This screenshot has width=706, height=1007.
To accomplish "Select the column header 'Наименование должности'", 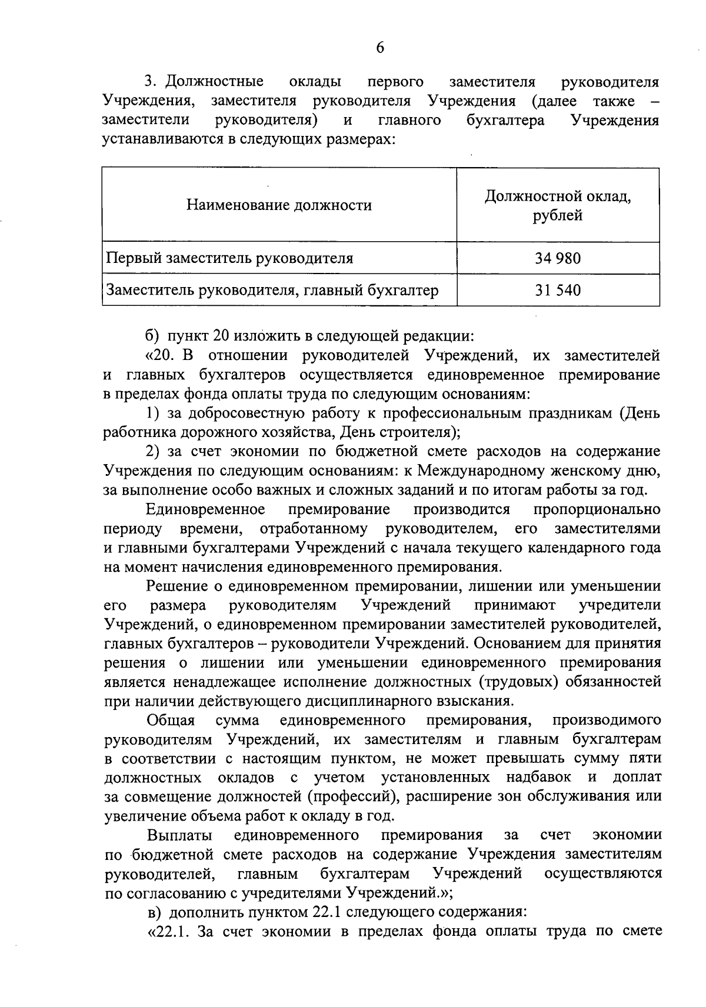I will pyautogui.click(x=279, y=205).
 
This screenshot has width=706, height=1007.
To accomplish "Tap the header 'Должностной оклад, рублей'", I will pyautogui.click(x=557, y=206).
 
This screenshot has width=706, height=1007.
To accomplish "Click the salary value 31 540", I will pyautogui.click(x=557, y=290).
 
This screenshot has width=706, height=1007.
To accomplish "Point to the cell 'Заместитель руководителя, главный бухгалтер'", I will pyautogui.click(x=271, y=290).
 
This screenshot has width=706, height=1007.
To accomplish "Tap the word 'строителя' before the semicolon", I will pyautogui.click(x=422, y=432).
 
